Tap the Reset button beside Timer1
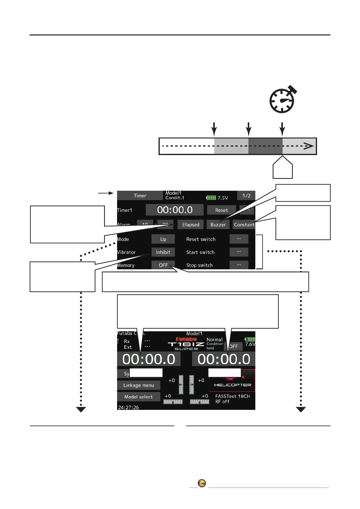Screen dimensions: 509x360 pyautogui.click(x=221, y=210)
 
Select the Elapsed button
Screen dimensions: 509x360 pyautogui.click(x=191, y=225)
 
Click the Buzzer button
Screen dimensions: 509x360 pyautogui.click(x=218, y=225)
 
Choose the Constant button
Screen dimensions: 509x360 pyautogui.click(x=244, y=225)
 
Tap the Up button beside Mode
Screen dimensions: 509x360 pyautogui.click(x=163, y=239)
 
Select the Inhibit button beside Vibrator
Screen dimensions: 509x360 pyautogui.click(x=163, y=252)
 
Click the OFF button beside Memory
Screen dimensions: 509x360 pyautogui.click(x=163, y=265)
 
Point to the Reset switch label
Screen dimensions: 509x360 pyautogui.click(x=201, y=239)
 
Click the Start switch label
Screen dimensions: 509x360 pyautogui.click(x=200, y=252)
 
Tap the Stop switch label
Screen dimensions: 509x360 pyautogui.click(x=199, y=265)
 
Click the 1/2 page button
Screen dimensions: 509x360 pyautogui.click(x=246, y=196)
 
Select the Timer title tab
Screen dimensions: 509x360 pyautogui.click(x=140, y=196)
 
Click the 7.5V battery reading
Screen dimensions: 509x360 pyautogui.click(x=223, y=198)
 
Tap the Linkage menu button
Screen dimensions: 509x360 pyautogui.click(x=139, y=385)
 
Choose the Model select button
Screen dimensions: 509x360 pyautogui.click(x=139, y=397)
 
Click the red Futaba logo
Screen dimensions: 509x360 pyautogui.click(x=186, y=339)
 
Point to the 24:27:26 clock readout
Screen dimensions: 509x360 pyautogui.click(x=128, y=407)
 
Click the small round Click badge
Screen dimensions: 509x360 pyautogui.click(x=202, y=483)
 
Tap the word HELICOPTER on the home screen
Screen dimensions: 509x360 pyautogui.click(x=233, y=385)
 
